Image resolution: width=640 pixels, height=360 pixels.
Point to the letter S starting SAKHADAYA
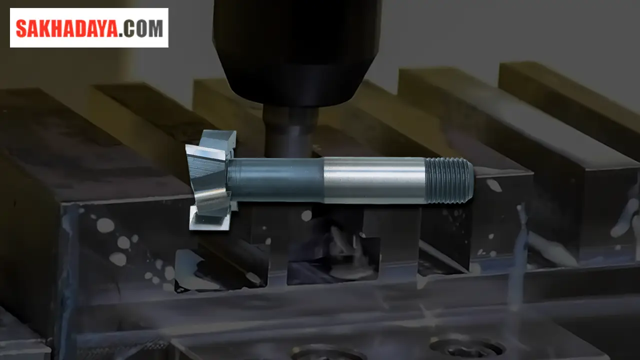click(21, 28)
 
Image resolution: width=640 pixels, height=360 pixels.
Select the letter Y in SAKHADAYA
click(99, 28)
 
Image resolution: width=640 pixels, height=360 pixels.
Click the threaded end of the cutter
click(448, 180)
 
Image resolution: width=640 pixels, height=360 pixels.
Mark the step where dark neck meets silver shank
click(323, 180)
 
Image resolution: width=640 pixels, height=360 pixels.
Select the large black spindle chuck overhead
click(297, 50)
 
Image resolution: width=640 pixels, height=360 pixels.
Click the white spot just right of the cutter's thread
click(494, 185)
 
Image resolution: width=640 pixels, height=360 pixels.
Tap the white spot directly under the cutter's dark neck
click(306, 215)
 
